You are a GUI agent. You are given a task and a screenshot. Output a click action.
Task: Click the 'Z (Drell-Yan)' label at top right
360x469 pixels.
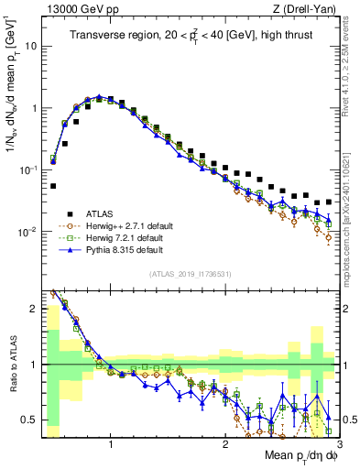[x=308, y=8]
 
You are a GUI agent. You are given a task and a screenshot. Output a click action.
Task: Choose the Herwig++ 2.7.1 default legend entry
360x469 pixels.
[x=128, y=224]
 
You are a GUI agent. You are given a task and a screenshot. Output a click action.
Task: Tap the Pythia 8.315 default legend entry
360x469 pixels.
[x=125, y=249]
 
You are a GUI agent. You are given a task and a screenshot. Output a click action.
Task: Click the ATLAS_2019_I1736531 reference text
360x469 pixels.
[x=190, y=273]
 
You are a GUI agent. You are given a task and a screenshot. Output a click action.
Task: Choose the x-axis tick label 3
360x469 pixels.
[x=338, y=444]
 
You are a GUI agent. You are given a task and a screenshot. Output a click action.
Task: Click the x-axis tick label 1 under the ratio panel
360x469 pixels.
[x=111, y=444]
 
